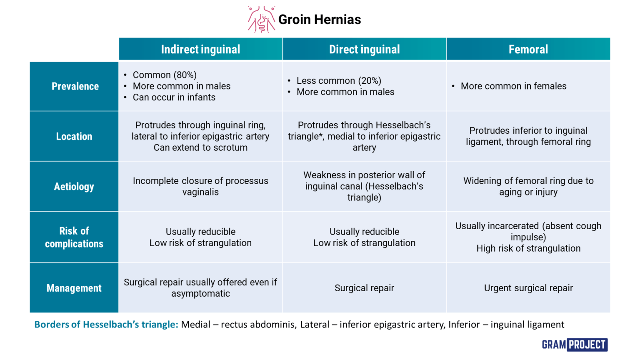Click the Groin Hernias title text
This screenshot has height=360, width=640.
click(x=319, y=20)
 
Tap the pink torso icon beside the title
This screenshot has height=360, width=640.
click(x=261, y=20)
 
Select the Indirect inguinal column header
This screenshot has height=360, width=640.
click(x=200, y=49)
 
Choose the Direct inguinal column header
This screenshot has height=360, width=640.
click(x=364, y=49)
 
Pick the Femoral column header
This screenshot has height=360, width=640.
click(x=528, y=49)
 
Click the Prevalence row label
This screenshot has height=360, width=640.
click(x=75, y=86)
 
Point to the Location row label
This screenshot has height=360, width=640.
click(x=74, y=136)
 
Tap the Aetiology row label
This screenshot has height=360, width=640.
click(x=74, y=186)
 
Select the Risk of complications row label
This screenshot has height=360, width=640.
click(x=74, y=237)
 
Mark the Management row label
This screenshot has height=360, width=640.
click(x=74, y=288)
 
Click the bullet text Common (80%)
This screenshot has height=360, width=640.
click(x=165, y=75)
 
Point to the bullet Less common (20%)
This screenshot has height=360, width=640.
click(x=339, y=81)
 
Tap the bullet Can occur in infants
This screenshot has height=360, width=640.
click(x=174, y=97)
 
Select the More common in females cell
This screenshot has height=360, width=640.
click(x=513, y=86)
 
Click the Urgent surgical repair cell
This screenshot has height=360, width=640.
click(x=528, y=288)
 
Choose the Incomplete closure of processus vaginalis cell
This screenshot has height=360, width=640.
click(x=200, y=186)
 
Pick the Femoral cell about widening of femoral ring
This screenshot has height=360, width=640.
click(x=528, y=186)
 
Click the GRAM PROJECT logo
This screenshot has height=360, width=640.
click(x=575, y=345)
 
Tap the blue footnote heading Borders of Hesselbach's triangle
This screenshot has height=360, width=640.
click(x=106, y=325)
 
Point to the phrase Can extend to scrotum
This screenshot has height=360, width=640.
click(x=200, y=147)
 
